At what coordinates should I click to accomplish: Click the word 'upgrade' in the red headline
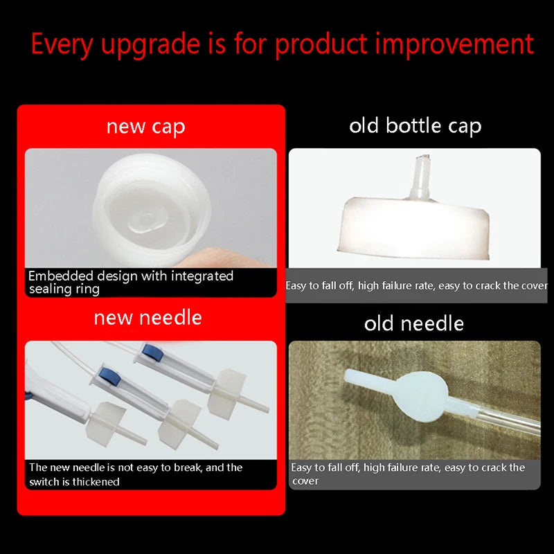[151, 45]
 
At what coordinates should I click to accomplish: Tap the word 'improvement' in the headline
[454, 44]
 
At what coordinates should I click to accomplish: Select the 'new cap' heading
[146, 127]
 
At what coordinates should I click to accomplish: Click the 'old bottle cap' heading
[415, 126]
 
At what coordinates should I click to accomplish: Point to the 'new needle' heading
[148, 317]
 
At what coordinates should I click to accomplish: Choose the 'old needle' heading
[413, 323]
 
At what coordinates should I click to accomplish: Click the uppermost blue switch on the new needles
[152, 352]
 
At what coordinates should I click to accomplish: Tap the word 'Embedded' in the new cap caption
[61, 276]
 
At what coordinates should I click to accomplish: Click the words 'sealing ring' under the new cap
[64, 289]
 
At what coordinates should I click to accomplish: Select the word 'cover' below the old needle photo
[305, 481]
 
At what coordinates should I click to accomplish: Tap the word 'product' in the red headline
[321, 45]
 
